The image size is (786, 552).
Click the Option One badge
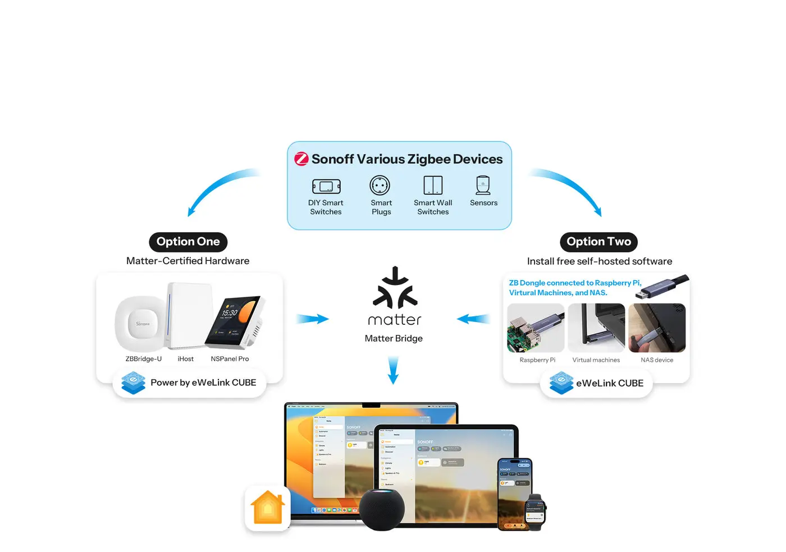click(188, 242)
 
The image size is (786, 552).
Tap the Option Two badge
click(598, 242)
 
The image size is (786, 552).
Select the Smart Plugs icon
click(380, 186)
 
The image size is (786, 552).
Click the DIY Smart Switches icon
click(326, 186)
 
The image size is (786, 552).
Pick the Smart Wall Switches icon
click(433, 185)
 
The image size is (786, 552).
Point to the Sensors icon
click(483, 185)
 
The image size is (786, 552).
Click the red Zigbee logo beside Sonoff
click(301, 159)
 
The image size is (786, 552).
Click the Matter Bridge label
click(394, 338)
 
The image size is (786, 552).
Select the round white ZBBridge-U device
click(141, 324)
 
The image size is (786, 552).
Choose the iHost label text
click(185, 359)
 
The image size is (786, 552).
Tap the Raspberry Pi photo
click(536, 328)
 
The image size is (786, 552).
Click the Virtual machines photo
click(596, 328)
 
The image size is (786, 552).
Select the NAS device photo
click(657, 328)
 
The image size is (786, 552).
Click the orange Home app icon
click(268, 508)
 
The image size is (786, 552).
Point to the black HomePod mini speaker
click(382, 509)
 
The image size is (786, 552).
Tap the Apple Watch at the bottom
click(535, 512)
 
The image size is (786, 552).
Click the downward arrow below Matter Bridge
click(394, 370)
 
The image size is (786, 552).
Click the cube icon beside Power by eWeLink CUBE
click(134, 383)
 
